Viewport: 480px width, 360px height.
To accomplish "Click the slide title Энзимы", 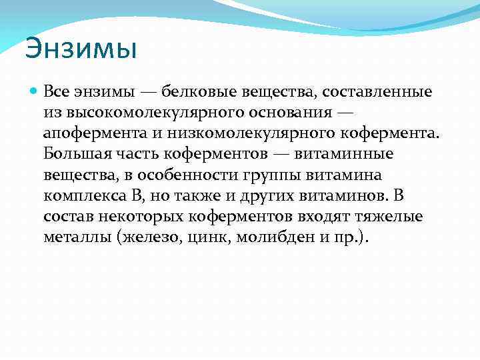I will coord(81,49).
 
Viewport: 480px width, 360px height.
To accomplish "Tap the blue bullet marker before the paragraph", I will coord(34,91).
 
